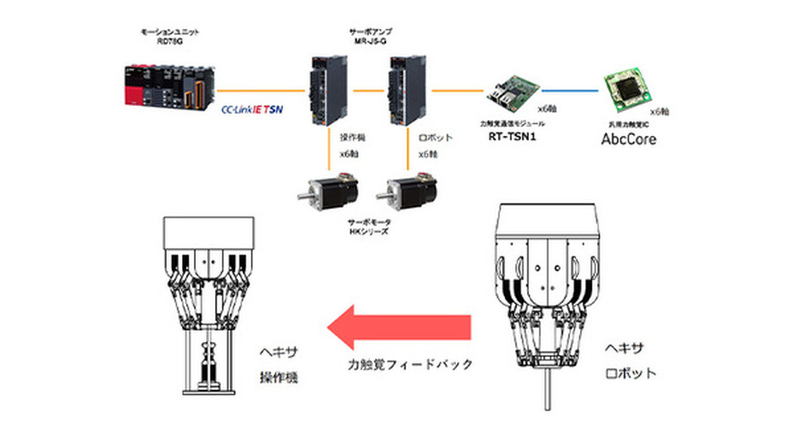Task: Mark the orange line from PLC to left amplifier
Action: [263, 90]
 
